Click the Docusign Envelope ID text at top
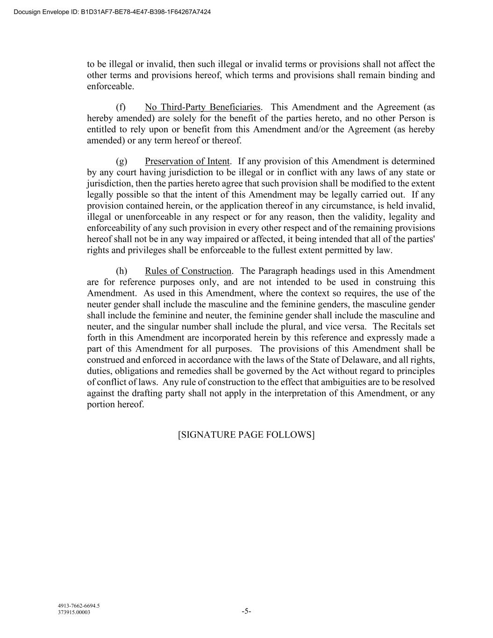click(x=112, y=12)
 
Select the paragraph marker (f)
click(x=121, y=107)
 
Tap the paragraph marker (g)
click(x=121, y=161)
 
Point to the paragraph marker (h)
click(x=121, y=271)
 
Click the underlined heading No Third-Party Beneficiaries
click(x=202, y=107)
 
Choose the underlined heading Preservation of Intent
click(x=187, y=161)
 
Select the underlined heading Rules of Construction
click(x=188, y=271)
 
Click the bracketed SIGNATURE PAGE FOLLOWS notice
click(x=246, y=435)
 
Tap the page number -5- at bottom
click(x=246, y=611)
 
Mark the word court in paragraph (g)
click(x=113, y=172)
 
